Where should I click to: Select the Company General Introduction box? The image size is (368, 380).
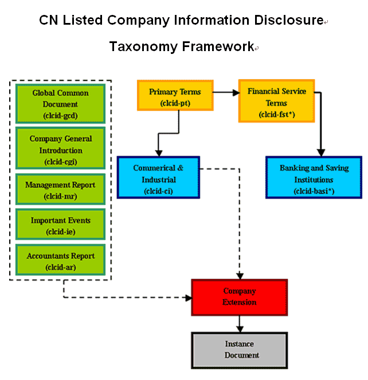(x=60, y=150)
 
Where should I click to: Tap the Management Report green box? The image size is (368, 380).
(x=60, y=191)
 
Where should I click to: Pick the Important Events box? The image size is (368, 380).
(x=60, y=226)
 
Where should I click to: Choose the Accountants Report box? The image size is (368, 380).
(x=60, y=261)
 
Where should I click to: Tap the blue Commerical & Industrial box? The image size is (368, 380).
(x=158, y=177)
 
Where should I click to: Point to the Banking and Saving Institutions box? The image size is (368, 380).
(x=314, y=177)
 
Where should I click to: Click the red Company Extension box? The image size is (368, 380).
(x=239, y=297)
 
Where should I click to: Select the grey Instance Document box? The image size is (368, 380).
(x=239, y=350)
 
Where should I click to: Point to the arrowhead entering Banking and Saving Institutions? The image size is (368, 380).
(x=319, y=152)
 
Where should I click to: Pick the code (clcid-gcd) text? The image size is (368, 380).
(x=60, y=115)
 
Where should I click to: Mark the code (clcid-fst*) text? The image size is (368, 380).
(x=276, y=114)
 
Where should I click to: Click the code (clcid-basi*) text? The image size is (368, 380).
(x=314, y=189)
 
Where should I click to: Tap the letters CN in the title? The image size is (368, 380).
(x=48, y=21)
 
